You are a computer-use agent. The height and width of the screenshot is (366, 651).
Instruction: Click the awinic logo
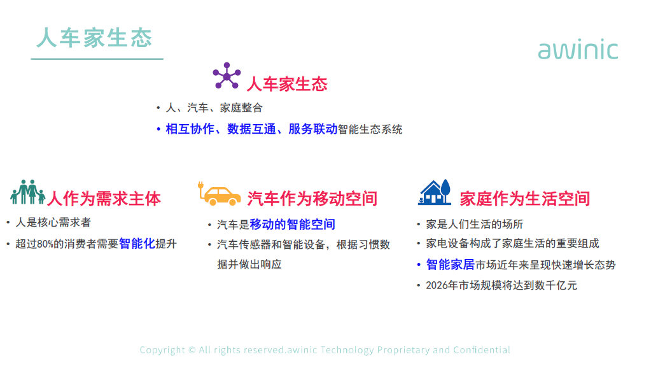pos(578,50)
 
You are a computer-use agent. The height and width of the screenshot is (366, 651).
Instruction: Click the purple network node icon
pos(227,76)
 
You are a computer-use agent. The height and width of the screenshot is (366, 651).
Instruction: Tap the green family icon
pos(28,192)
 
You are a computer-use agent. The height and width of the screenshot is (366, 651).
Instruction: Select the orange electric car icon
pos(219,194)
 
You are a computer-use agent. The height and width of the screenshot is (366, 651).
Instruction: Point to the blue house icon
pos(434,192)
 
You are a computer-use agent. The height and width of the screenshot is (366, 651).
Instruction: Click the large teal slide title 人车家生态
pos(94,38)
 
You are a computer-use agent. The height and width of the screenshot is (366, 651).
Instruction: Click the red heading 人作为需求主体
pos(104,199)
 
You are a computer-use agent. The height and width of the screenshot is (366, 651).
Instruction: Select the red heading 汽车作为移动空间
pos(312,199)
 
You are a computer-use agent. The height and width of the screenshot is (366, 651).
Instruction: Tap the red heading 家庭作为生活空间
pos(525,199)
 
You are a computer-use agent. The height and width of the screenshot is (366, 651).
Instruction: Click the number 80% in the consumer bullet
pos(45,244)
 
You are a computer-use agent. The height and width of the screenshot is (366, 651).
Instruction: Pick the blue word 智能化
pos(137,243)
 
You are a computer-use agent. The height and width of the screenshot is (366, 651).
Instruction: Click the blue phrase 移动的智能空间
pos(292,224)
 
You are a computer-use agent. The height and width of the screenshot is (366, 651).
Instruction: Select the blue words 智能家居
pos(450,265)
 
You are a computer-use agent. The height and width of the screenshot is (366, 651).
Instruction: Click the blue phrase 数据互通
pos(251,129)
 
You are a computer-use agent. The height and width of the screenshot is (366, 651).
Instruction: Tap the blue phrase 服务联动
pos(312,129)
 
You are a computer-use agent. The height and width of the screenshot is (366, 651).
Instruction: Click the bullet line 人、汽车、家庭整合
pos(214,108)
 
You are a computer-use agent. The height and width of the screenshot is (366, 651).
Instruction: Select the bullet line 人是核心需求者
pos(53,223)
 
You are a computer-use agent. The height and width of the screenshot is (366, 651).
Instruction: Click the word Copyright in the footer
pos(162,350)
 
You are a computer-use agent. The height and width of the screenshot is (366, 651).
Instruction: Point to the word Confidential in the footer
pos(482,350)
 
